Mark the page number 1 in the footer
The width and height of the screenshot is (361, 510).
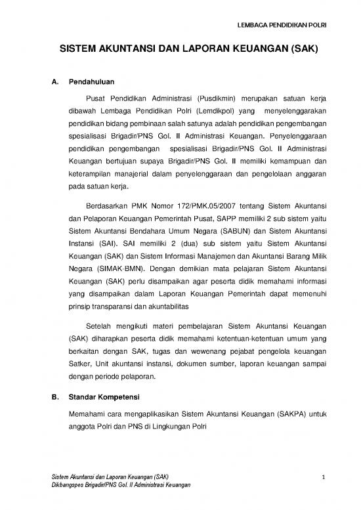click(324, 476)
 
